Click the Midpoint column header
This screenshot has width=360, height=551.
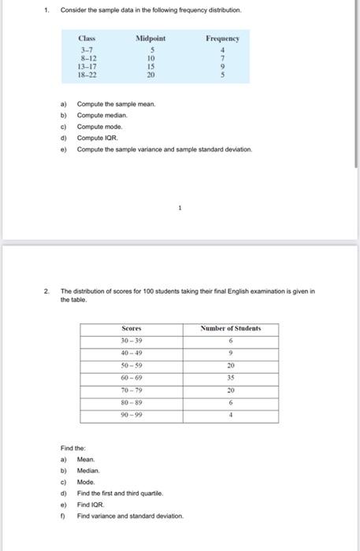150,39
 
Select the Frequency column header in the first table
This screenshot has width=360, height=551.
222,39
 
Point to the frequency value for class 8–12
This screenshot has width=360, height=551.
222,58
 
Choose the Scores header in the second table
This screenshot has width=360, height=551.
132,328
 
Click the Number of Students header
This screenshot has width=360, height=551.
230,328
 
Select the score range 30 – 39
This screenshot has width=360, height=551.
132,341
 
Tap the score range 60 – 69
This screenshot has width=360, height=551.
132,379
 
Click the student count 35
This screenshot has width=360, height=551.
230,379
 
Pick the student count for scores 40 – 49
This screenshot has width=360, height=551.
230,353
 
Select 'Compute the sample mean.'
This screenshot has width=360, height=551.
116,104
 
